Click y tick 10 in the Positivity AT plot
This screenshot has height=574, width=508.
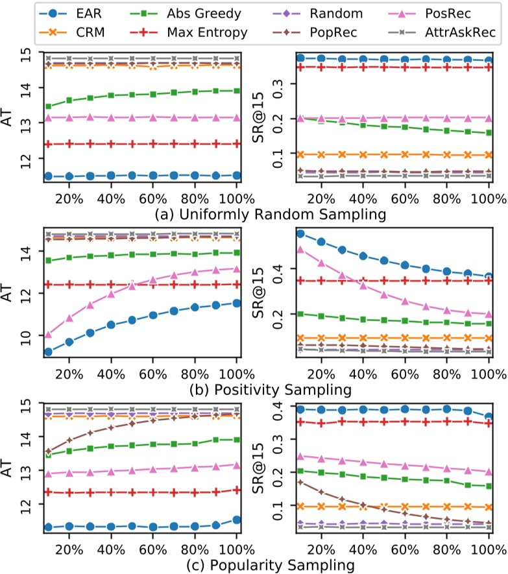coord(28,335)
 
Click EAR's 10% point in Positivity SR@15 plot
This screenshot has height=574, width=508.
coord(300,233)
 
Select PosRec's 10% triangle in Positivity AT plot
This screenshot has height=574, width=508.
coord(48,335)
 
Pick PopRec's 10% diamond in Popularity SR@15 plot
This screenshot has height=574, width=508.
coord(300,483)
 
